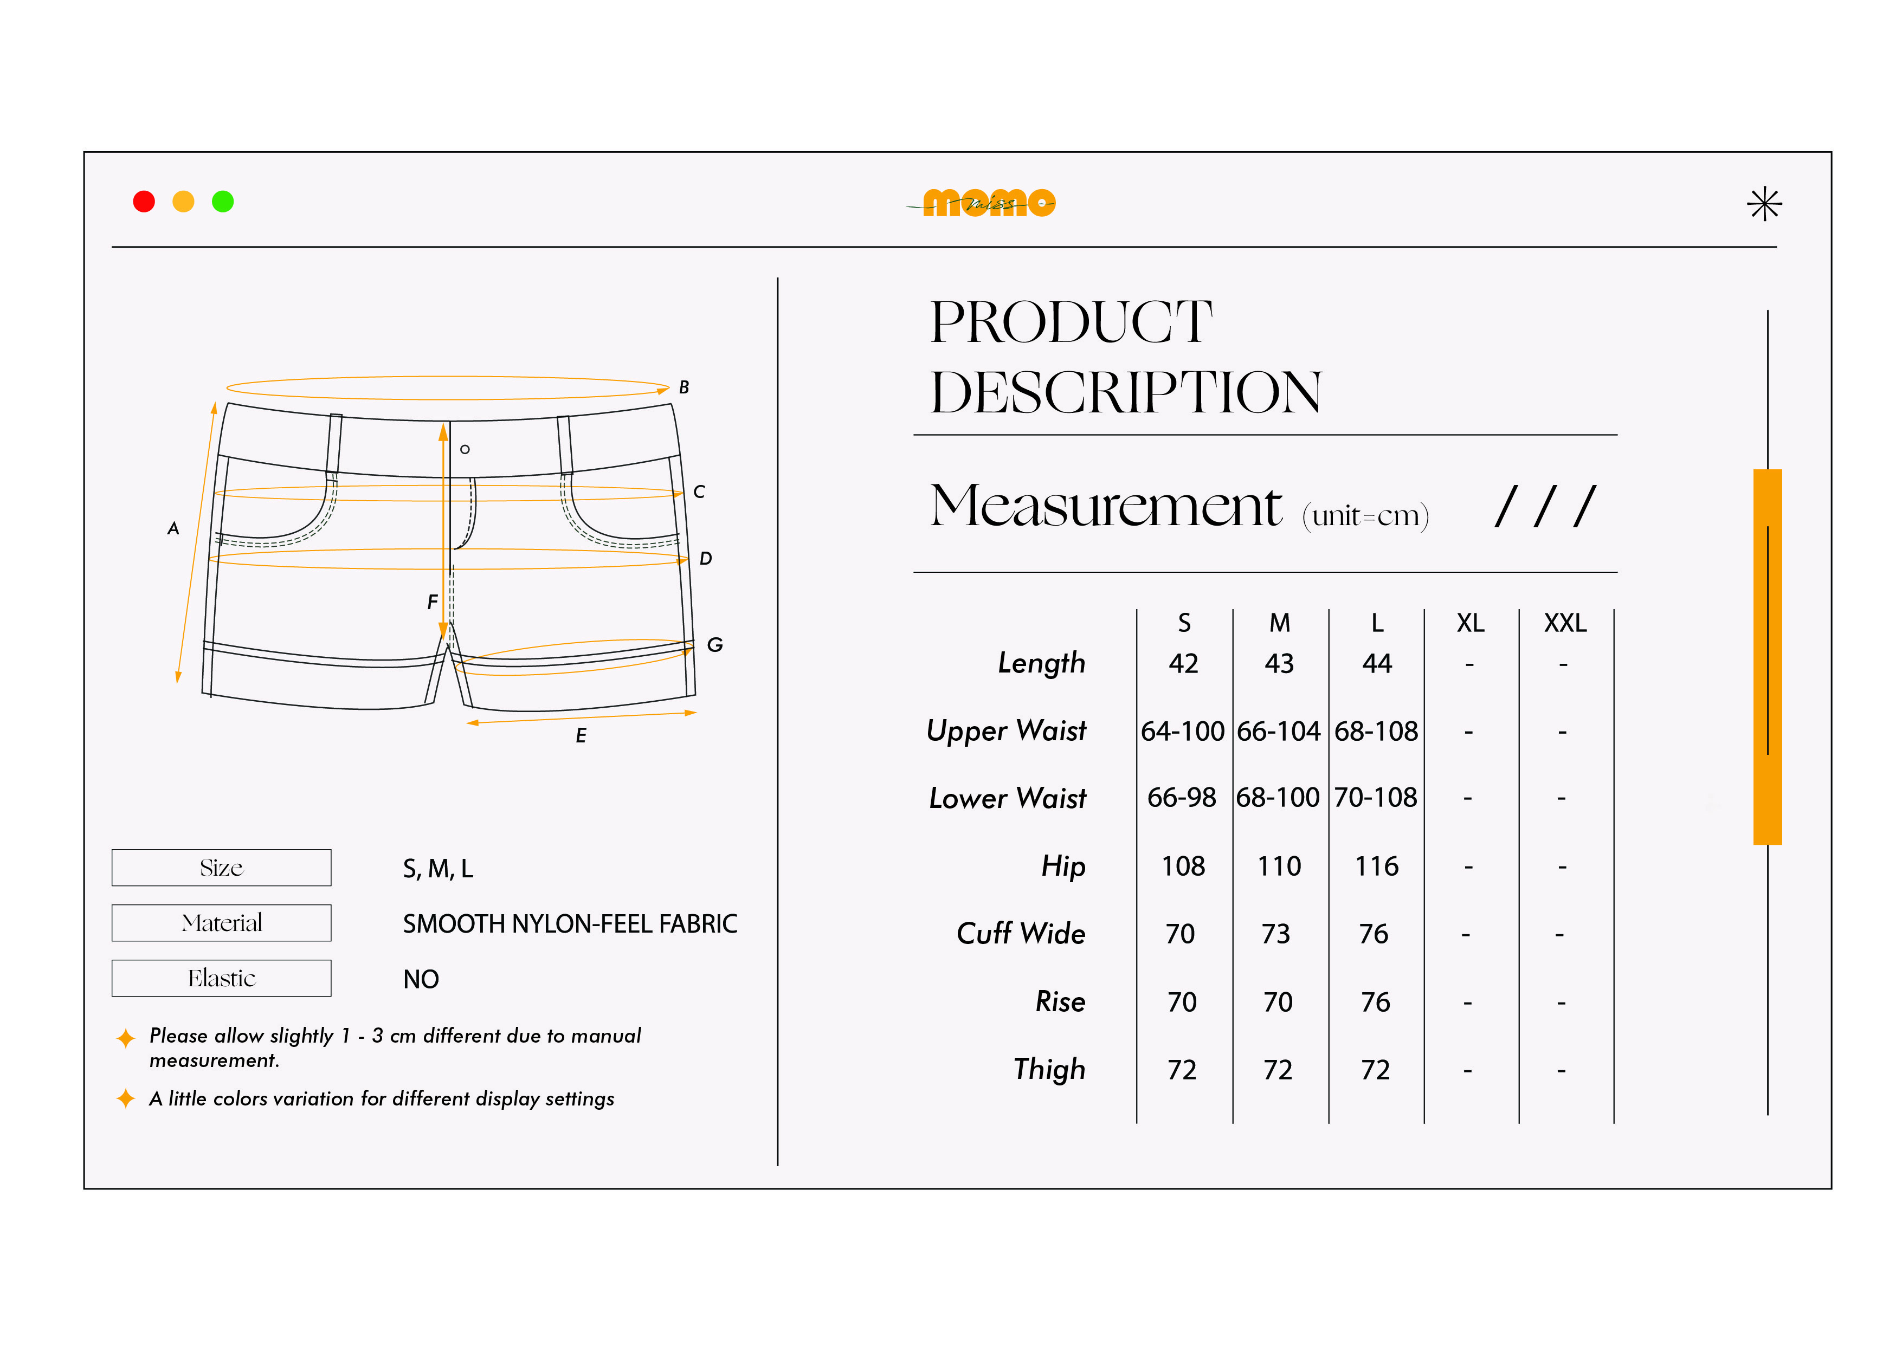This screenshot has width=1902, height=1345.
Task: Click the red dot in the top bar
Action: click(x=144, y=201)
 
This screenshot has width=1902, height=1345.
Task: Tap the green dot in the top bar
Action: click(x=223, y=201)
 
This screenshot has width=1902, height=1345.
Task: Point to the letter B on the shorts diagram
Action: click(x=684, y=387)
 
